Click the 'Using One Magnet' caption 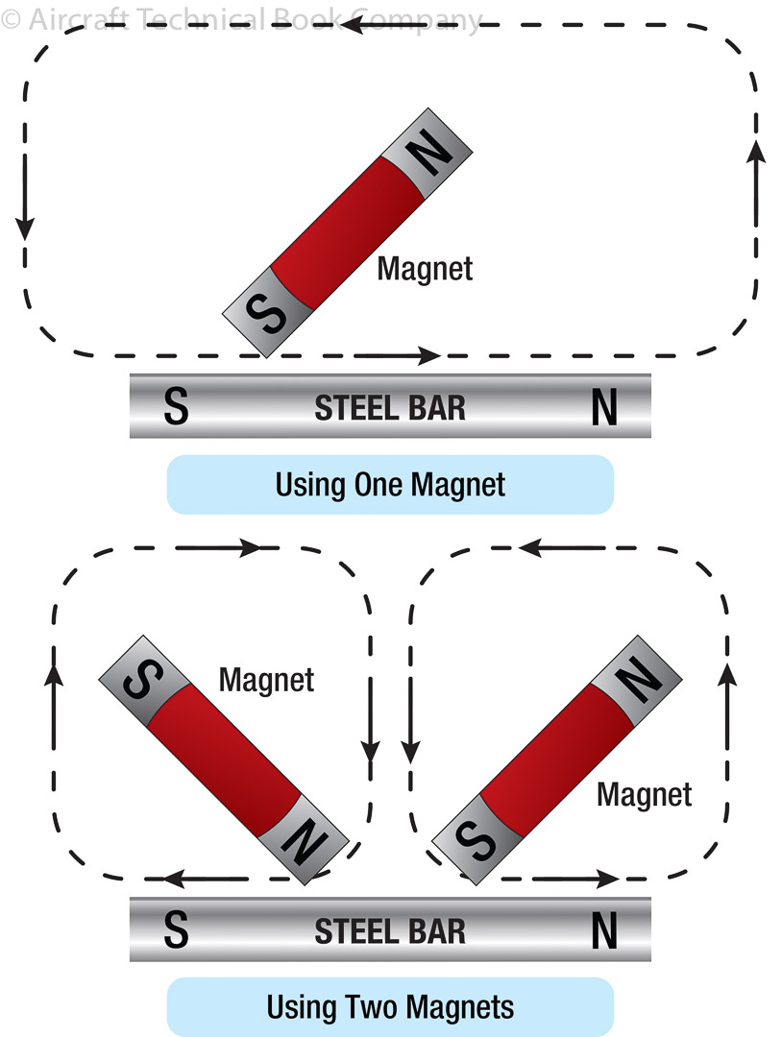coord(390,484)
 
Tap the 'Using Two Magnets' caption coord(390,1007)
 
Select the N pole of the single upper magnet coord(430,157)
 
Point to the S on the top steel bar coord(176,408)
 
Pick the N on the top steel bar coord(604,409)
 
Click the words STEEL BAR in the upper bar coord(390,408)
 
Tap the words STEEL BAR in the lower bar coord(390,931)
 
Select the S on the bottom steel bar coord(176,931)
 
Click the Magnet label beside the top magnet coord(425,268)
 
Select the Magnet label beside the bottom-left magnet coord(266,680)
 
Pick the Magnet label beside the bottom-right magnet coord(644,794)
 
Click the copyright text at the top coord(240,19)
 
